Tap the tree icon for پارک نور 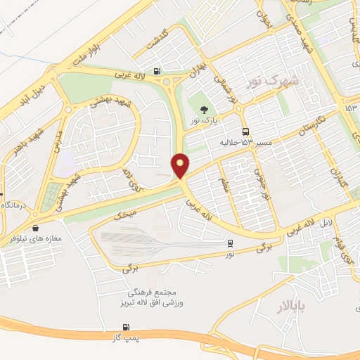point(204,109)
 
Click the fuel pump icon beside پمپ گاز point(126,327)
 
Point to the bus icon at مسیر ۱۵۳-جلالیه point(245,131)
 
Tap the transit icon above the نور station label point(231,243)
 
